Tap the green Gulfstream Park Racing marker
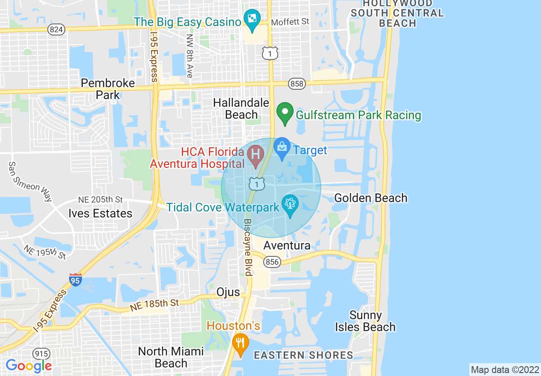tap(284, 113)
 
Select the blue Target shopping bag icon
tap(282, 148)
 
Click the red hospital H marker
tap(256, 155)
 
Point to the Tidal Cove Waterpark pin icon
tap(291, 205)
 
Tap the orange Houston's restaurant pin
tap(241, 343)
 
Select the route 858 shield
tap(297, 84)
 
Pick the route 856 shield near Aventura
tap(272, 261)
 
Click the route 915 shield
tap(41, 354)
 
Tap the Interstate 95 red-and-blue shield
tap(76, 280)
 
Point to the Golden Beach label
tap(370, 198)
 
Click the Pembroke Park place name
tap(108, 88)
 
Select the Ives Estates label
tap(100, 213)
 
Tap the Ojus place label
tap(227, 292)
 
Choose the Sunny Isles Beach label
tap(365, 321)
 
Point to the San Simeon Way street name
tap(30, 182)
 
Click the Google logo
tap(29, 365)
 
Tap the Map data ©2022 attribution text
tap(505, 370)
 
